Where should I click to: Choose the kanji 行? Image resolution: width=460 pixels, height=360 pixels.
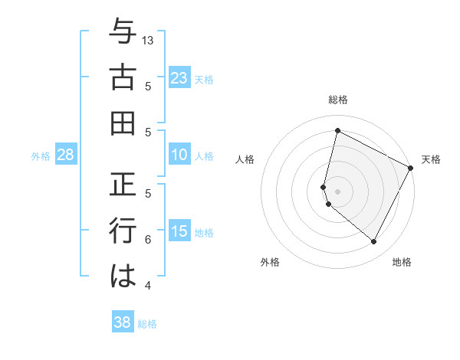(x=122, y=231)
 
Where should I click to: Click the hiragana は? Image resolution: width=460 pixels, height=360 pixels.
(x=122, y=276)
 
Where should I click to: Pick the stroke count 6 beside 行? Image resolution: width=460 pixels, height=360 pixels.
(x=148, y=239)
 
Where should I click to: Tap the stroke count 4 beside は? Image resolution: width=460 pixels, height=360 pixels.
(x=148, y=286)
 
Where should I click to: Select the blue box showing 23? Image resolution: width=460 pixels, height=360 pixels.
(x=179, y=77)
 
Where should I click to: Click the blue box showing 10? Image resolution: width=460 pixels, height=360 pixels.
(x=179, y=155)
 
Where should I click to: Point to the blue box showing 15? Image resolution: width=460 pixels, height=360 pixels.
(x=179, y=232)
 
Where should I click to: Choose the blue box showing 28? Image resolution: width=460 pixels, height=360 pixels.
(x=66, y=155)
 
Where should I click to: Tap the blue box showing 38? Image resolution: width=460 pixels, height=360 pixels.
(x=123, y=322)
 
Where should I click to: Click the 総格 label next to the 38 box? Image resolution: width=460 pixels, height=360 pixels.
(x=147, y=324)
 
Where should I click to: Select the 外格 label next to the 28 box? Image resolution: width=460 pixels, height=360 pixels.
(x=41, y=156)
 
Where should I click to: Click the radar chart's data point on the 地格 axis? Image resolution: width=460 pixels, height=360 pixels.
(x=374, y=242)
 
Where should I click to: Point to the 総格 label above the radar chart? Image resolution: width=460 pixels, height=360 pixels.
(x=337, y=100)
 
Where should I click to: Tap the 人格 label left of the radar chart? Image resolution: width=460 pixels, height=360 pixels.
(x=245, y=159)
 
